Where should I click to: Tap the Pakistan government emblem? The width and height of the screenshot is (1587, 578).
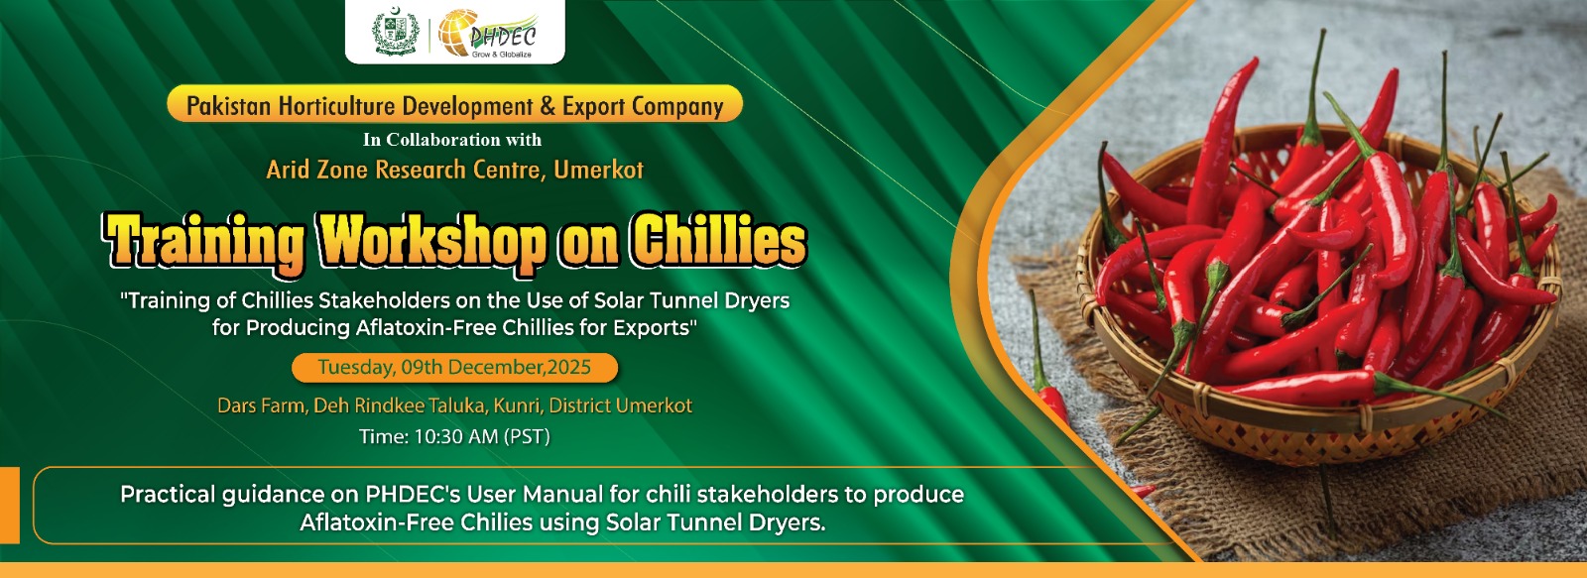396,32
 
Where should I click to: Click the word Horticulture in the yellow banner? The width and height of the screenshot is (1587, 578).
336,105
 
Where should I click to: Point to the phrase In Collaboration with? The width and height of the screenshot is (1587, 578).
452,140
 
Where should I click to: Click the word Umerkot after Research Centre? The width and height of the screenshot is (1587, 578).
599,170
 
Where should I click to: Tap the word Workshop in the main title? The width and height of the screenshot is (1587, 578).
433,242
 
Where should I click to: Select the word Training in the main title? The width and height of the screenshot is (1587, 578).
205,243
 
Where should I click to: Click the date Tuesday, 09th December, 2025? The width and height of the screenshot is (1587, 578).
454,367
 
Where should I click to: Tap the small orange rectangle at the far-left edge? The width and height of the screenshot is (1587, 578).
9,505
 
